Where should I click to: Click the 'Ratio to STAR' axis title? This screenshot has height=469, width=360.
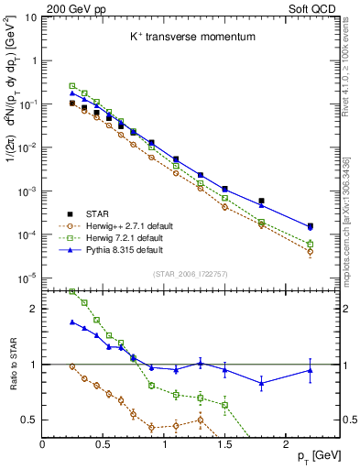[x=13, y=365]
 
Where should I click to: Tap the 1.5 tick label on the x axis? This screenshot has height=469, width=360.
[x=225, y=442]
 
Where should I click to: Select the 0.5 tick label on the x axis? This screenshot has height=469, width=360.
[x=104, y=442]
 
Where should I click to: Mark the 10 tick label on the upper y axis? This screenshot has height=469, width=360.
[x=29, y=17]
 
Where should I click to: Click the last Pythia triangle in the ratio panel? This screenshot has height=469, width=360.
[x=311, y=370]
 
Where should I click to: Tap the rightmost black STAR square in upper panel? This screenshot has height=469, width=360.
[x=311, y=225]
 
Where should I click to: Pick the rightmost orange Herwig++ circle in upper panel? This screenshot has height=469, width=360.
[x=311, y=251]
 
